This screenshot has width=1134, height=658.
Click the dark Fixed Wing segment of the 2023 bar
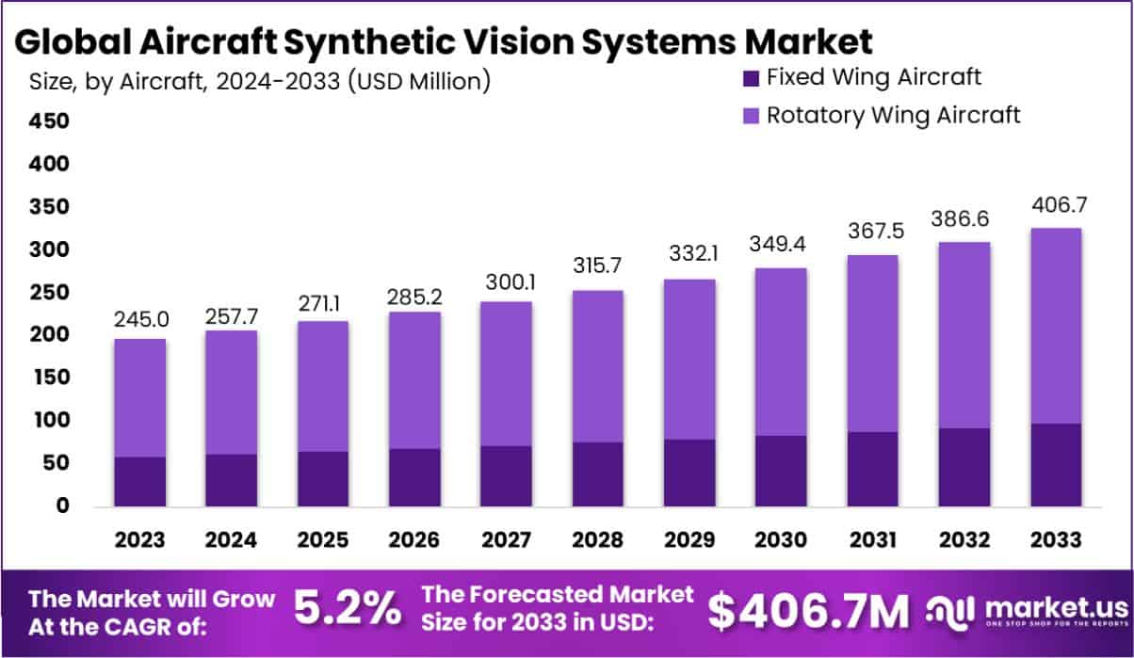tap(140, 482)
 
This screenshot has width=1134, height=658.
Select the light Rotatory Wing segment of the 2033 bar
tap(1054, 326)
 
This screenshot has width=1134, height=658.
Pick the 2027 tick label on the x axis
tap(506, 540)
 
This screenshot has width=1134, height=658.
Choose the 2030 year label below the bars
tap(780, 540)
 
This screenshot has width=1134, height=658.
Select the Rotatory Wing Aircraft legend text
tap(893, 115)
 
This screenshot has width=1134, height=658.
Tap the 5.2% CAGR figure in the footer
tap(347, 609)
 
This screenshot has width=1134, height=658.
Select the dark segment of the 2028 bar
tap(597, 474)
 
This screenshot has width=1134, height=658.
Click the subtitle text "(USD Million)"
tap(419, 82)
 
